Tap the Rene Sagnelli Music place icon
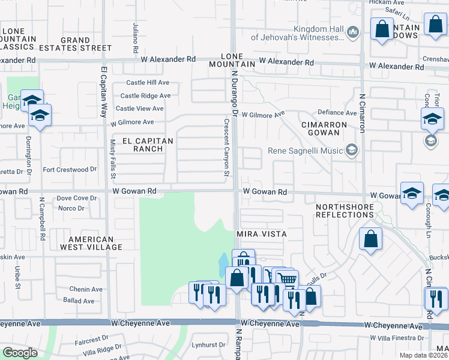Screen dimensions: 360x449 [x=352, y=151]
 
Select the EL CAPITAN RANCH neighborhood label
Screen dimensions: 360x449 [x=147, y=145]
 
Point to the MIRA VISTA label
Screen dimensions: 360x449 [x=261, y=233]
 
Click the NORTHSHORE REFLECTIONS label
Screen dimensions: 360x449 [x=345, y=211]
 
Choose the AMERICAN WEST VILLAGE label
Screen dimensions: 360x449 [x=87, y=243]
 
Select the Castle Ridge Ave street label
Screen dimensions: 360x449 [x=145, y=95]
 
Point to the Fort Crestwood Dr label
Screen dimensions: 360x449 [x=70, y=170]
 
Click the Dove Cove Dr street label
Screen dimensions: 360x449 [x=76, y=198]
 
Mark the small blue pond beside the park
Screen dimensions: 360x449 [x=223, y=263]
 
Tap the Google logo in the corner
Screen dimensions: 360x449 [x=20, y=353]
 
